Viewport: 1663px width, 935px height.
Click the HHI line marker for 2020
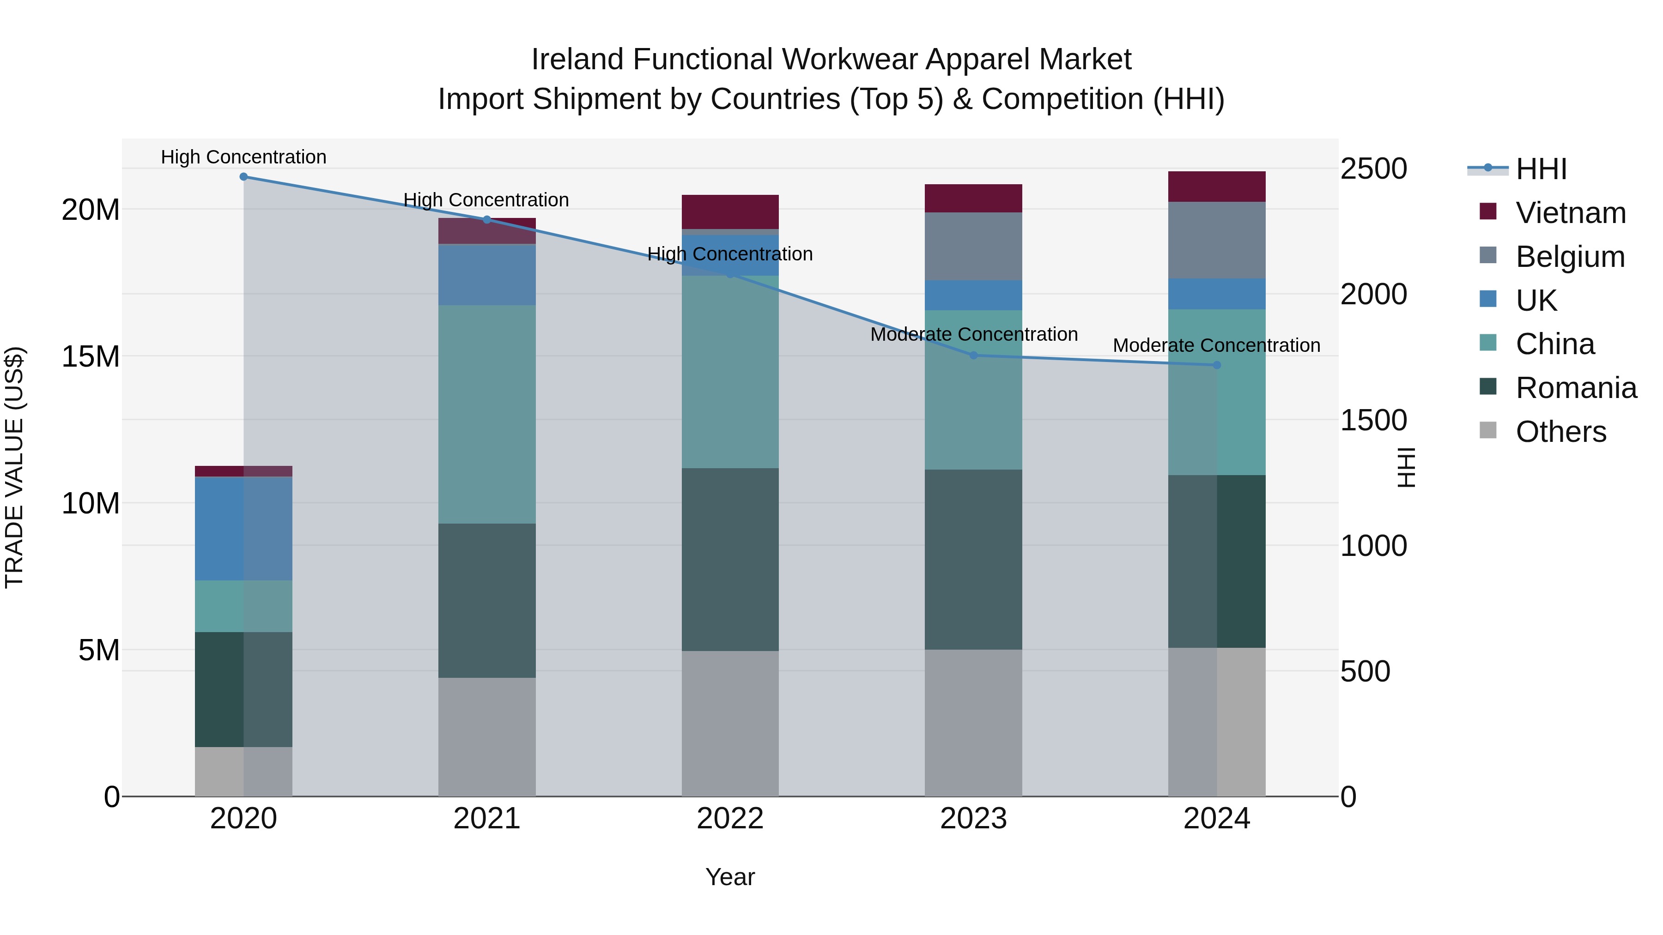(x=243, y=177)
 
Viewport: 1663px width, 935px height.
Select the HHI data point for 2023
(x=973, y=356)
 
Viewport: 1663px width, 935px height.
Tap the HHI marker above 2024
(x=1217, y=365)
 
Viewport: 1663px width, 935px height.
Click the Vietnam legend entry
(x=1570, y=213)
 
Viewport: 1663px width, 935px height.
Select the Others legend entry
(x=1560, y=432)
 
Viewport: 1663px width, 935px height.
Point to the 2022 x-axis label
(x=730, y=819)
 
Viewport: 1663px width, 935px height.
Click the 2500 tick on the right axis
(x=1374, y=169)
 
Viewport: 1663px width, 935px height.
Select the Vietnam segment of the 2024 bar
(x=1217, y=187)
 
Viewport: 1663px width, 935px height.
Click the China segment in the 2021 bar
(x=487, y=414)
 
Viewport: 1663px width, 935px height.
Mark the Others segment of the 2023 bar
(x=973, y=723)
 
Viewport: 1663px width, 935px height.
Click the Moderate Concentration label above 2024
(x=1216, y=346)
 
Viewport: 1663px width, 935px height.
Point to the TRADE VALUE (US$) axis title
(x=14, y=467)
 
